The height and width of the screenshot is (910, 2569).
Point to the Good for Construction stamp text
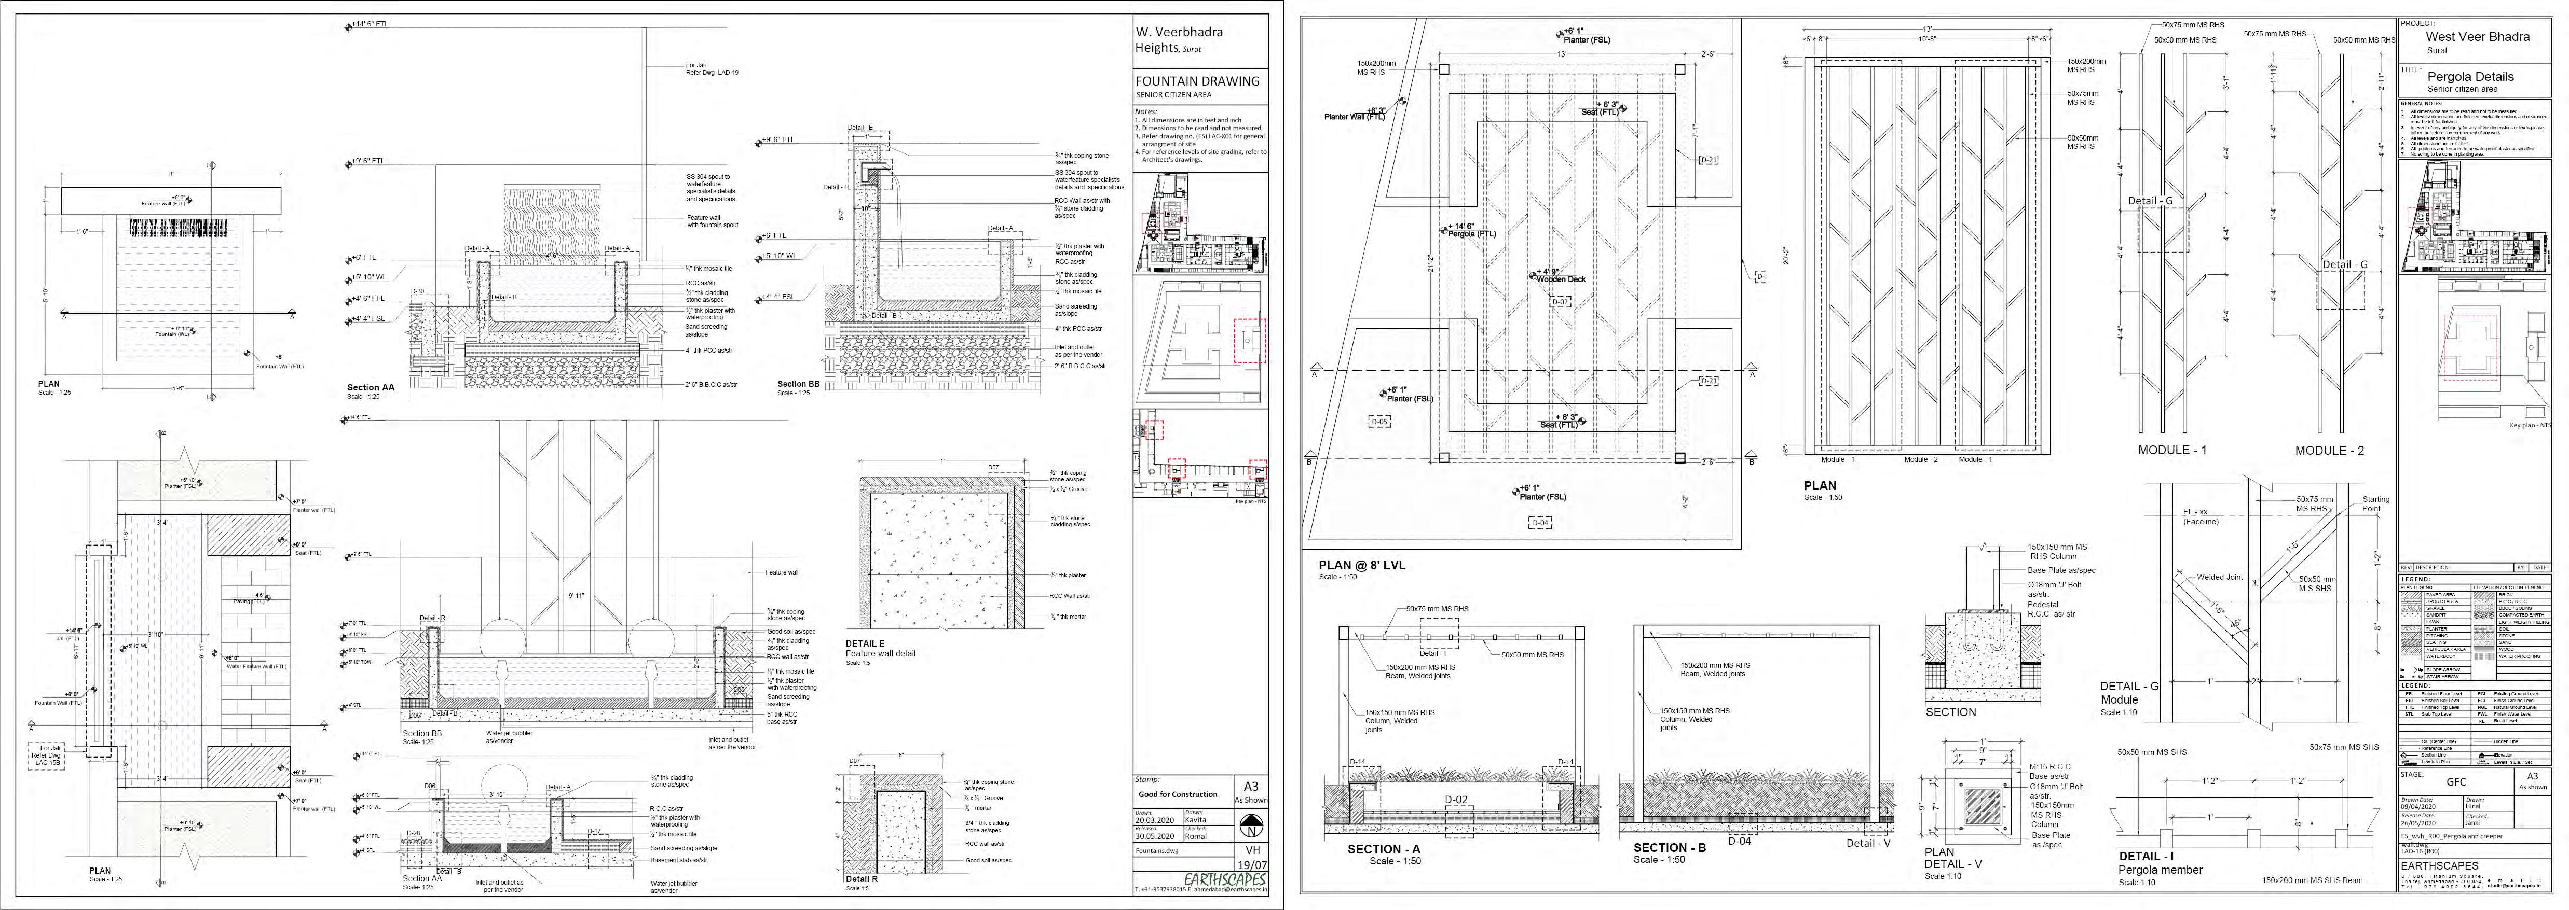pos(1178,794)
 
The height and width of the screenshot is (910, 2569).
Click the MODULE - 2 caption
pos(2329,451)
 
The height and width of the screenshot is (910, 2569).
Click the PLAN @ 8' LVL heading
pos(1361,565)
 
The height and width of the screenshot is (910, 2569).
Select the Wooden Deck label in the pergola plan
pos(1561,279)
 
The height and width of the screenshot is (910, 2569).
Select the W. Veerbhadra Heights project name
pos(1179,39)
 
